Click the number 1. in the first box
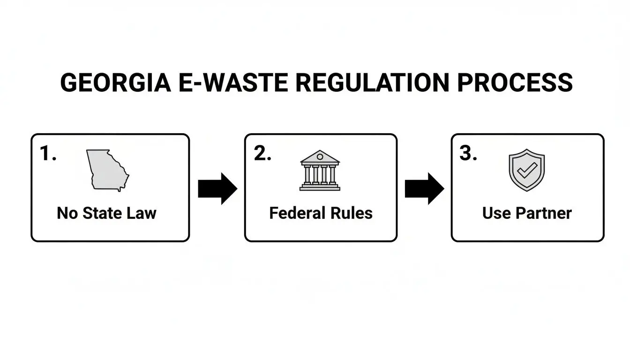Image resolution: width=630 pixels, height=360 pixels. point(48,154)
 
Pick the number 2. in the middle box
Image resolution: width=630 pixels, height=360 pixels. point(262,154)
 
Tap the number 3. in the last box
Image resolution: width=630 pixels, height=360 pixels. point(468,154)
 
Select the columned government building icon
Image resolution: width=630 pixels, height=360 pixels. point(320,171)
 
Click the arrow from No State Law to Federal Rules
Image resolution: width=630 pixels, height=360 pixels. point(217,188)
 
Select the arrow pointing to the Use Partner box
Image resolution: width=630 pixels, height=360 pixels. point(424,188)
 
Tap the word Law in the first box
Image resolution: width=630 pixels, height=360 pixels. point(142,213)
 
